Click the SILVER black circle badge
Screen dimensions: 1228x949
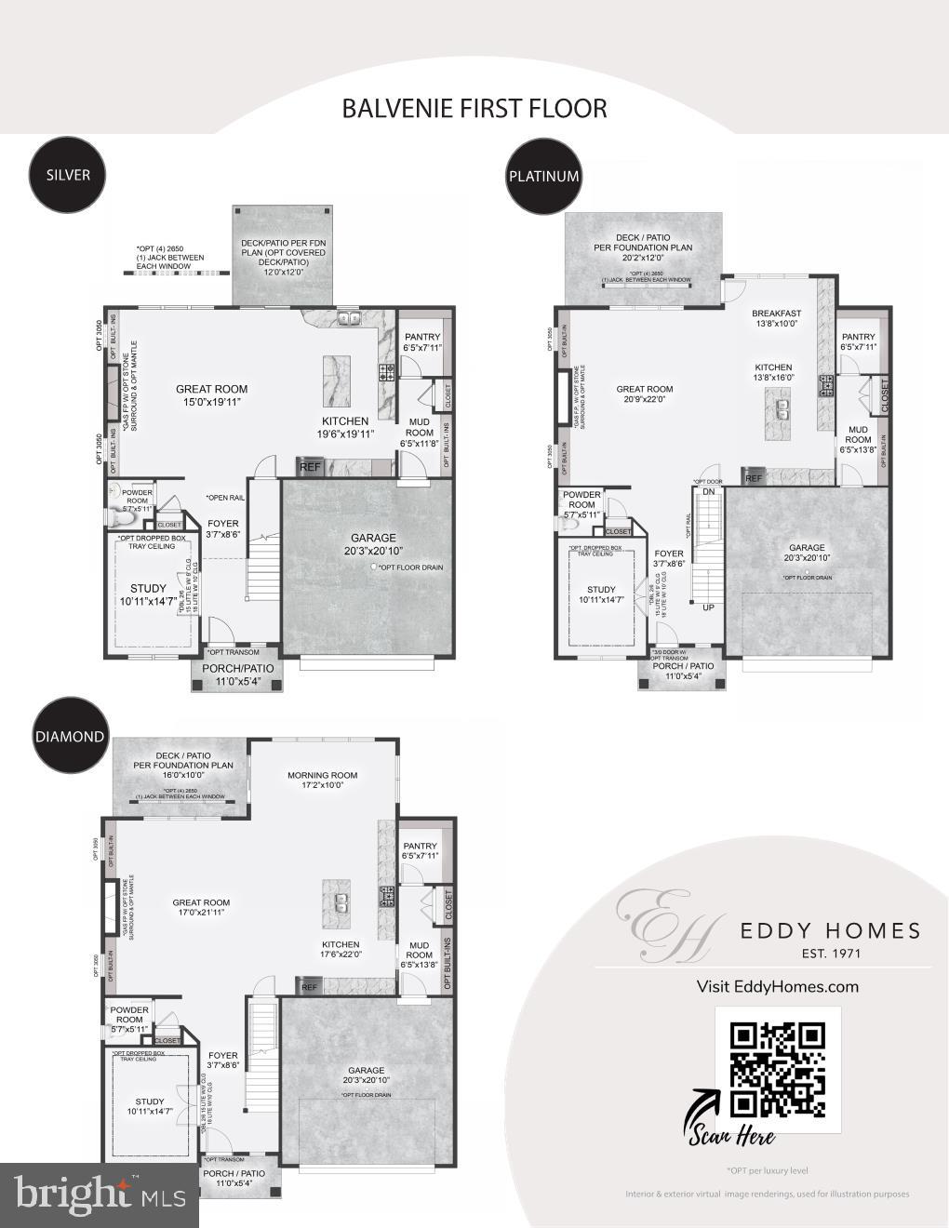68,174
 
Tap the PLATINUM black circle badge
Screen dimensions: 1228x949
544,176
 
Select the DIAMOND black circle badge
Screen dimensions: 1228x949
70,736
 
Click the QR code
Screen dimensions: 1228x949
778,1069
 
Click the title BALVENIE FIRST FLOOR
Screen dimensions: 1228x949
474,108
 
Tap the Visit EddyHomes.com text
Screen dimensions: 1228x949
777,986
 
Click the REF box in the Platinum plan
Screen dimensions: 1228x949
753,478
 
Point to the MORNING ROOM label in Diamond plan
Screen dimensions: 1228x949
322,775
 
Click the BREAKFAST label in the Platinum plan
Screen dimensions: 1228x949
776,314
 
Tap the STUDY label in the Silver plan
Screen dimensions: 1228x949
148,588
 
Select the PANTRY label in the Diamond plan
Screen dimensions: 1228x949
421,847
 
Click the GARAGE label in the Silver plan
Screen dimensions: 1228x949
372,538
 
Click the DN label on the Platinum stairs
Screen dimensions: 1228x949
708,491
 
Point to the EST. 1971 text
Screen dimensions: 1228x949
831,954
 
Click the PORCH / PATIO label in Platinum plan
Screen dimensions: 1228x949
683,666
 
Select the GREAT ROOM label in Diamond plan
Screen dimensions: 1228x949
201,902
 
